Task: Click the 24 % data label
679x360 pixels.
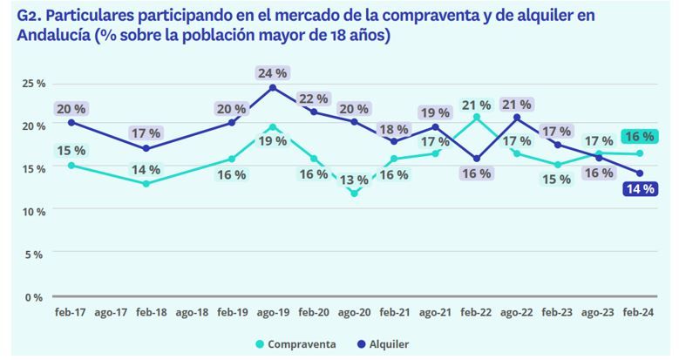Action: click(272, 72)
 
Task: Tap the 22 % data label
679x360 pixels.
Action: click(314, 98)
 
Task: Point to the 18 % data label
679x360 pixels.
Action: click(394, 128)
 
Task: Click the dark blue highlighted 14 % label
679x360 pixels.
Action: click(639, 188)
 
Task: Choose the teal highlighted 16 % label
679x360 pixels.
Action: click(639, 136)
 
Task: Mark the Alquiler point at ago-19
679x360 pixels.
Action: click(273, 87)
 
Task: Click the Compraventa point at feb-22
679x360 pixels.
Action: click(476, 117)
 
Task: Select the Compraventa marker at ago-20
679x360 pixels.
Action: click(354, 194)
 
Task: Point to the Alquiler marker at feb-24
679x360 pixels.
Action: click(639, 173)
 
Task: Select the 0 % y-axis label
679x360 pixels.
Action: click(34, 297)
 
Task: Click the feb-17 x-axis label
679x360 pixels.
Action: click(70, 313)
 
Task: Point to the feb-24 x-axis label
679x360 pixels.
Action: click(639, 313)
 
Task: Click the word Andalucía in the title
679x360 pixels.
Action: click(51, 34)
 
